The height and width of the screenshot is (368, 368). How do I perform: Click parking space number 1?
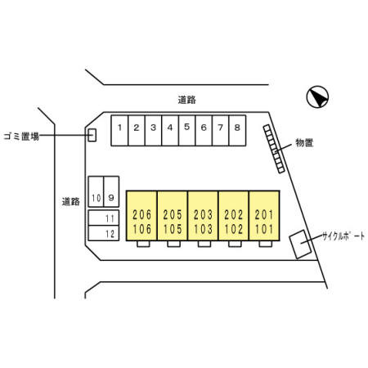tap(119, 131)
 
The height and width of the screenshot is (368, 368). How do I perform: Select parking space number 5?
tap(186, 131)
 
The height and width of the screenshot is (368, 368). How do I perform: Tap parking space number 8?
tap(237, 131)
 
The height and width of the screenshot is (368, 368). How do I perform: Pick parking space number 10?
tap(96, 191)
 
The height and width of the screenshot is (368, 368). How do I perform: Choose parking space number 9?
tap(111, 191)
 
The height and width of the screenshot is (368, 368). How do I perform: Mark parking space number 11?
tap(104, 218)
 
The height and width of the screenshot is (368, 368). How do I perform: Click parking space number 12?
tap(104, 233)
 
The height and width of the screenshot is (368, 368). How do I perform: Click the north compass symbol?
tap(317, 96)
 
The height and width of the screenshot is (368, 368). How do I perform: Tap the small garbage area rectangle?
tap(92, 135)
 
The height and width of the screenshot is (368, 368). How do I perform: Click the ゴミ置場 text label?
tap(21, 137)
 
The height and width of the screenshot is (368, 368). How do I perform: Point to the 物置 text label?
tap(304, 142)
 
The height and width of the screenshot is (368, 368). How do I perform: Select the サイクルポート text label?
tap(343, 236)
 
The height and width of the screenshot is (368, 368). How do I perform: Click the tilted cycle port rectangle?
tap(300, 245)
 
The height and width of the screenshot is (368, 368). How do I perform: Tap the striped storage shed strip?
tap(274, 149)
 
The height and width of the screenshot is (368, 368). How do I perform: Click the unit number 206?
tap(141, 215)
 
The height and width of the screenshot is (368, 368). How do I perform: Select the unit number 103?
tap(203, 229)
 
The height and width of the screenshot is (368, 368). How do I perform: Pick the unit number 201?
tap(264, 215)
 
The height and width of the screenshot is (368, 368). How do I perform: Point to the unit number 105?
tap(173, 229)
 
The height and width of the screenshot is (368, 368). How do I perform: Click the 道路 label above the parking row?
tap(187, 100)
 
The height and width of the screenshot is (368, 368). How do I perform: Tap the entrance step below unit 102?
tap(235, 244)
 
